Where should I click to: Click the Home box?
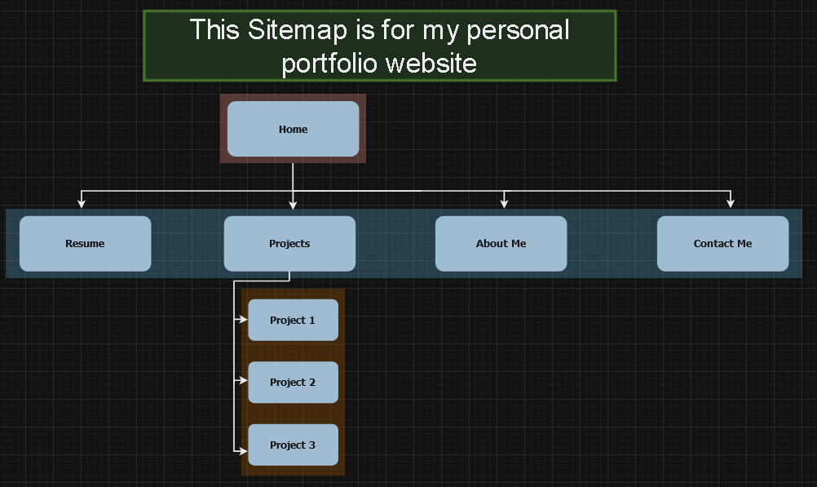coord(293,129)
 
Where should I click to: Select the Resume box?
coord(85,243)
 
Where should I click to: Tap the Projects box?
coord(289,243)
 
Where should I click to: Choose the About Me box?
coord(501,243)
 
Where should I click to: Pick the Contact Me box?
coord(722,243)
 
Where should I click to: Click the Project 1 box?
coord(293,320)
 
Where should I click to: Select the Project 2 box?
coord(293,382)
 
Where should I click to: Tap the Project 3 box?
coord(293,445)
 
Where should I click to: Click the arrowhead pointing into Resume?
coord(81,203)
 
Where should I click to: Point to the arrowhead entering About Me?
coord(504,203)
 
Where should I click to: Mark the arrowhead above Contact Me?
coord(730,203)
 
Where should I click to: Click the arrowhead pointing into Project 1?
coord(243,320)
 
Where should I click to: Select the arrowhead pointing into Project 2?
coord(243,380)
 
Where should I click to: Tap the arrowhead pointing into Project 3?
coord(243,449)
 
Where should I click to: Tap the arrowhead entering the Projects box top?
coord(293,204)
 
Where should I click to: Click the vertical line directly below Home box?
coord(293,175)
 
